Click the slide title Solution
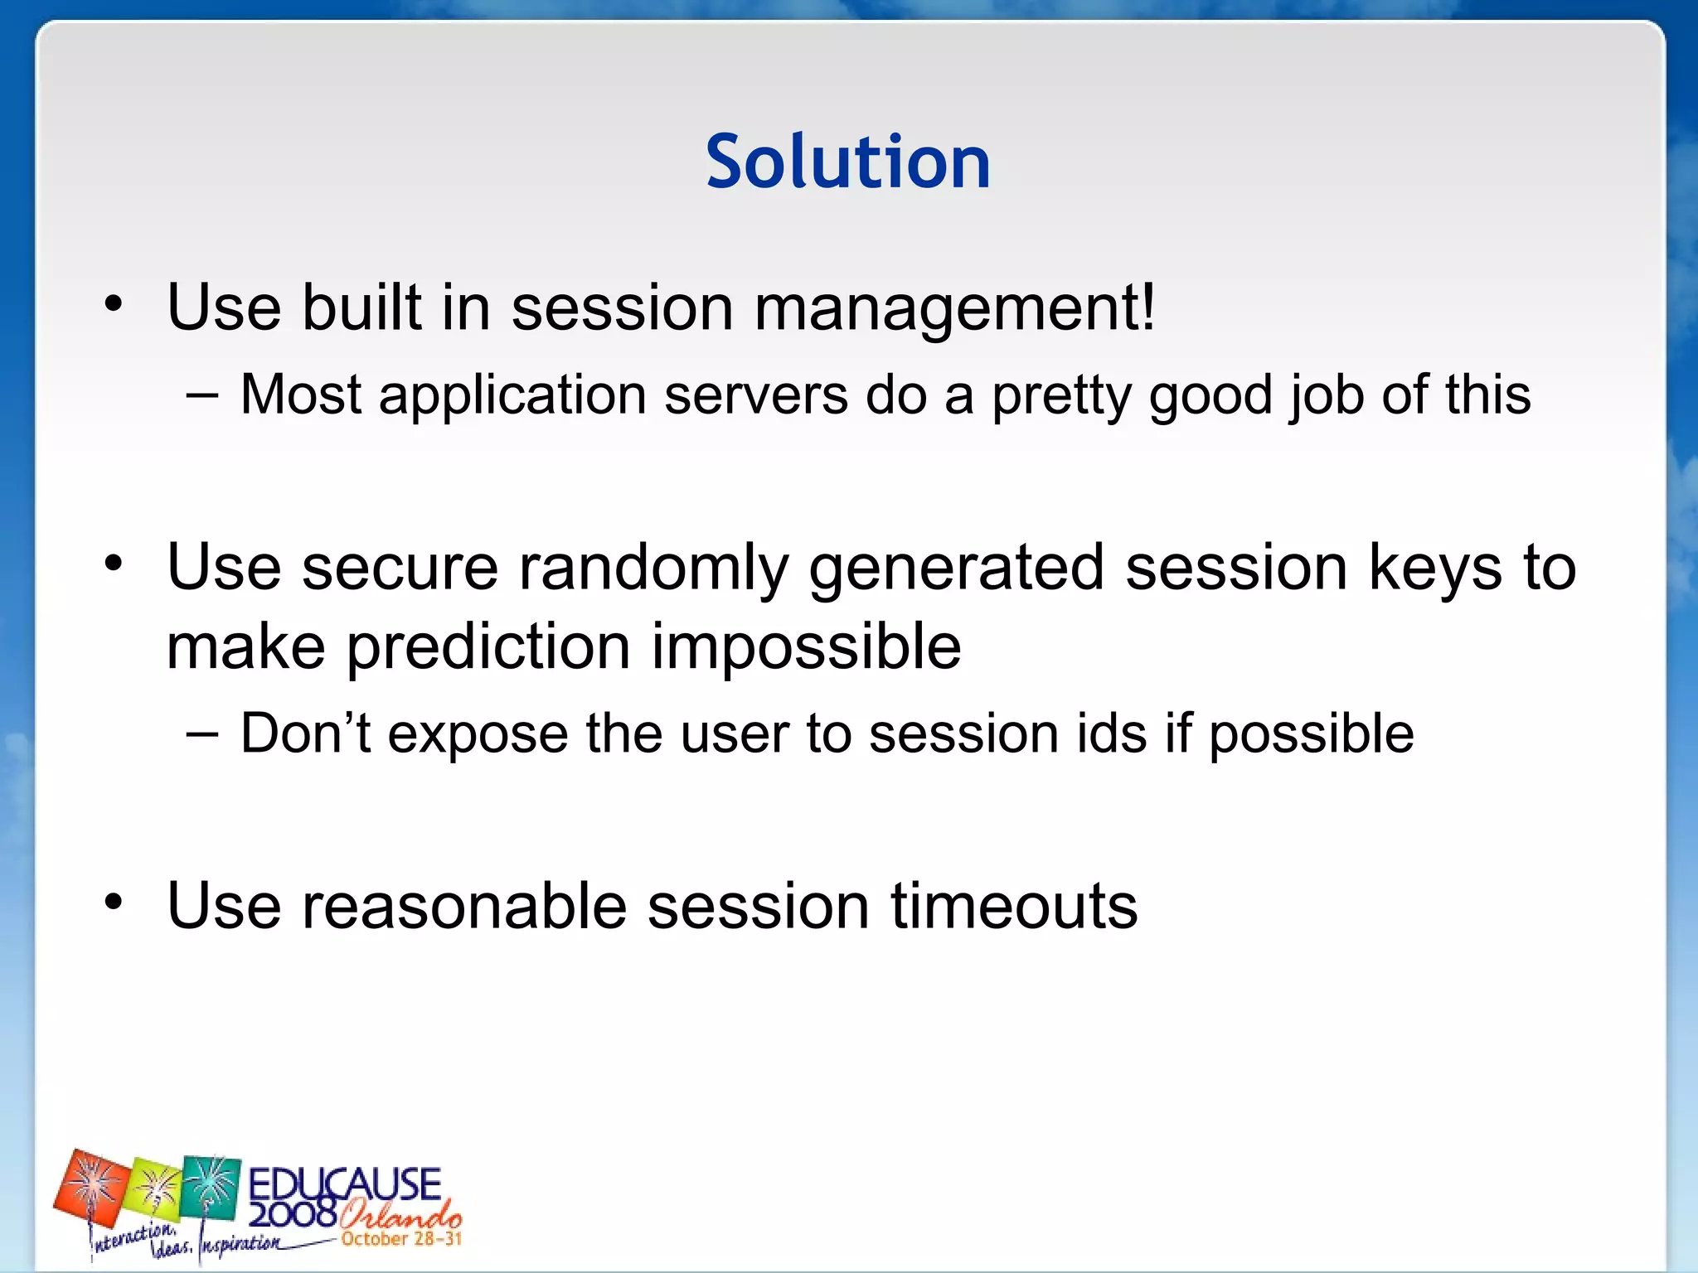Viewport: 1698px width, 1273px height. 847,162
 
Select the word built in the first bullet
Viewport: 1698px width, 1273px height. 361,307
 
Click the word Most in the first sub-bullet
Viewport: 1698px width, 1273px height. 300,394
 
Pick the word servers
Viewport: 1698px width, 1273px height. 755,395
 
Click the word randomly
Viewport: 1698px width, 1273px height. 653,569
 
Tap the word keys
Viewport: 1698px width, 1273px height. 1434,569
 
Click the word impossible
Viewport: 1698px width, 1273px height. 806,647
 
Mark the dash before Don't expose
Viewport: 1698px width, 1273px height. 202,734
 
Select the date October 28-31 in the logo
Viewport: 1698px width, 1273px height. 401,1239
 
